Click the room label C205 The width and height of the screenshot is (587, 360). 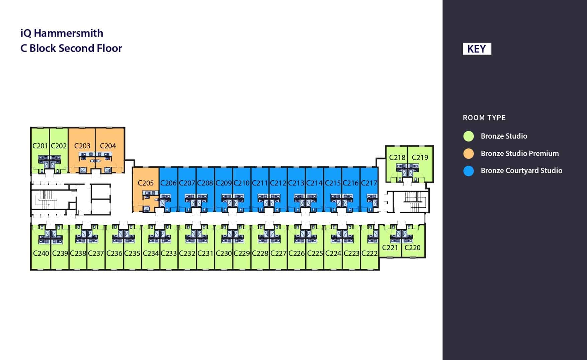146,183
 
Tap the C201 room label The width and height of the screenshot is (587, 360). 40,146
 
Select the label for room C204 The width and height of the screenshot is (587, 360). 108,146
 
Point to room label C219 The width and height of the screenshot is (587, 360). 420,157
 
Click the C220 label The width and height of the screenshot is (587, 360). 412,247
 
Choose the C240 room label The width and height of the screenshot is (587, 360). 41,253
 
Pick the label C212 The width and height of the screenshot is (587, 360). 278,183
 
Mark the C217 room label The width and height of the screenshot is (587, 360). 369,183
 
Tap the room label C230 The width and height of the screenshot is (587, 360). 224,253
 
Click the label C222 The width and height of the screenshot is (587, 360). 369,253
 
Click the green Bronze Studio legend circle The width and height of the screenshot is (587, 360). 469,136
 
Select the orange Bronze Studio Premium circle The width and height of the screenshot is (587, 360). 469,153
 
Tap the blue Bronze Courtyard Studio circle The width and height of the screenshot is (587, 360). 469,171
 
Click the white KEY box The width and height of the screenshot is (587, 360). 477,49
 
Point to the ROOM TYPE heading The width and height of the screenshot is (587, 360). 484,118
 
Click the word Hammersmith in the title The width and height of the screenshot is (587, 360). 69,33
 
